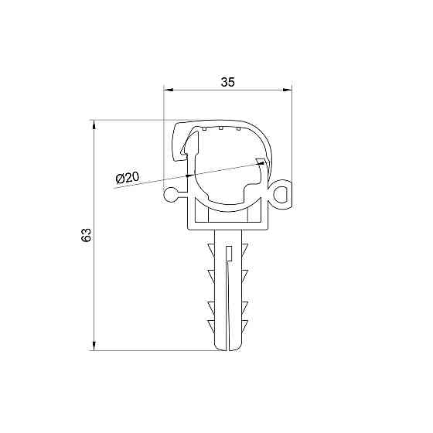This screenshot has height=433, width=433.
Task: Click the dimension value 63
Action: coord(87,235)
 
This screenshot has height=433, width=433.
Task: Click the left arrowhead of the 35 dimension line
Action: coord(169,90)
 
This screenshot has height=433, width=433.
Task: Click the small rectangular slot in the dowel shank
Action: coord(228,250)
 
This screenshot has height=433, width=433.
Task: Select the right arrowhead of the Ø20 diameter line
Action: coord(261,162)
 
